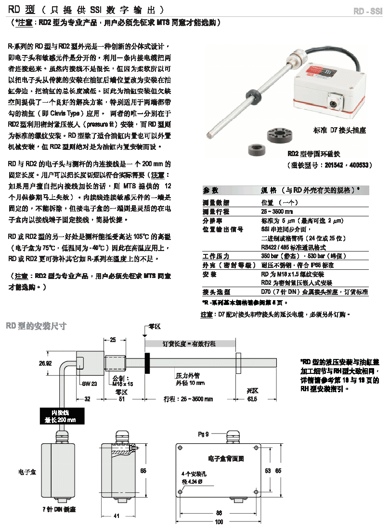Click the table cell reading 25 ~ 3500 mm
pyautogui.click(x=277, y=212)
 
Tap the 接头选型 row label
pyautogui.click(x=216, y=292)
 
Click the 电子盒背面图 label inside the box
pyautogui.click(x=226, y=459)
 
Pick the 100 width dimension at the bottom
pyautogui.click(x=219, y=522)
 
